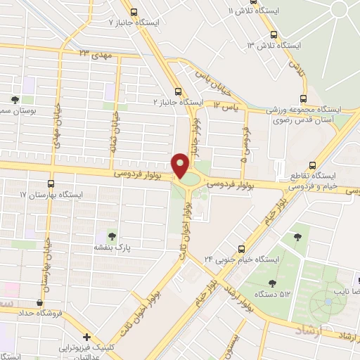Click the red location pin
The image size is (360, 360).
(x=181, y=165)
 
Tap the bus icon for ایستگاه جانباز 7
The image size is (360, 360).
(x=134, y=11)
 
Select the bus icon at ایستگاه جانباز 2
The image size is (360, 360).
(x=178, y=91)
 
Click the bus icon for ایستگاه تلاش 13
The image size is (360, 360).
(x=274, y=35)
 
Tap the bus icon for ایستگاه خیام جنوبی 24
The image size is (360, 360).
(x=243, y=248)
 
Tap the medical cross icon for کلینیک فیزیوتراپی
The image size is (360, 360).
(x=86, y=337)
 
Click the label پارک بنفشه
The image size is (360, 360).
(x=112, y=248)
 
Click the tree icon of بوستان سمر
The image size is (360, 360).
(x=15, y=100)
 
